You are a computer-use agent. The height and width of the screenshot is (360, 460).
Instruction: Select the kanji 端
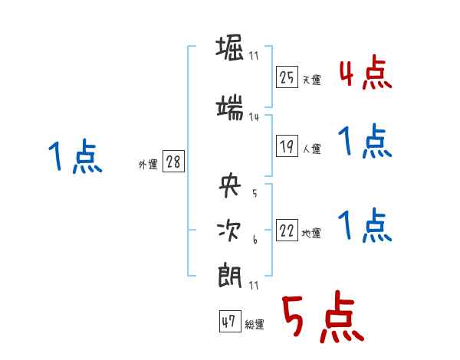pos(230,106)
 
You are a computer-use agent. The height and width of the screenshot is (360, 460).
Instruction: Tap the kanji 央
pos(230,186)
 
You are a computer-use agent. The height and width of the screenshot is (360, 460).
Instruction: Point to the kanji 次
pos(230,230)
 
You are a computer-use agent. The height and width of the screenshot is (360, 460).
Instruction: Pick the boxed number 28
pos(173,162)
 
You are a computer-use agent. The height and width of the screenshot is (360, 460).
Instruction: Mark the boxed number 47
pos(229,322)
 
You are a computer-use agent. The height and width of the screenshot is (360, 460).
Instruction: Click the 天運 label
pos(312,80)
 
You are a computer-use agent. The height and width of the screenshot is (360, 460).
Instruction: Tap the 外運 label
pos(147,165)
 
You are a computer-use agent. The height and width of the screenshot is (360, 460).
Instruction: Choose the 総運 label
pos(255,325)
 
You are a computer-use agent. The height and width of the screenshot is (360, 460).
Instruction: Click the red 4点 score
pos(365,72)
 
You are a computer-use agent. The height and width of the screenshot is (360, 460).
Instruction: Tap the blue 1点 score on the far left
pos(74,156)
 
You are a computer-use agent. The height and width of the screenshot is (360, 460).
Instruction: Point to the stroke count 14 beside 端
pos(254,117)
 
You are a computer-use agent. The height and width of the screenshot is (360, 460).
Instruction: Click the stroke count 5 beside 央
pos(254,194)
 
